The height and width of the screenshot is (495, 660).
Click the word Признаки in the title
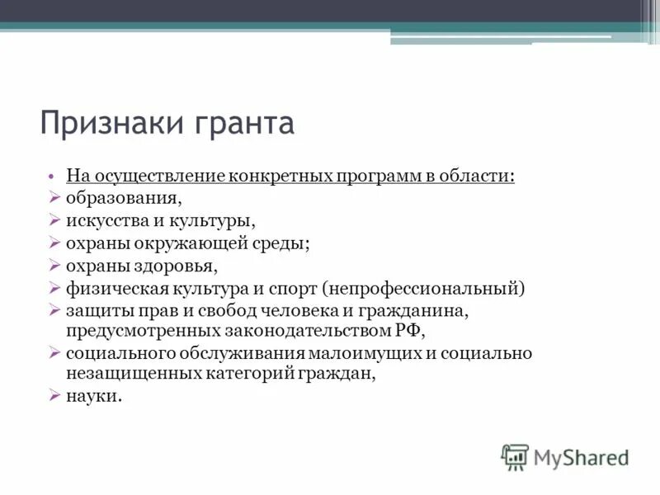tap(112, 124)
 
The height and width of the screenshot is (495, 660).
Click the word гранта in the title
tap(244, 124)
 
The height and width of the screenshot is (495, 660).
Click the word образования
tap(124, 199)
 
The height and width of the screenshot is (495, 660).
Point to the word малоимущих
tap(363, 353)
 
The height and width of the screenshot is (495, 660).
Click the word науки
tap(92, 396)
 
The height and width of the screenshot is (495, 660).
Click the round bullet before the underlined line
tap(51, 177)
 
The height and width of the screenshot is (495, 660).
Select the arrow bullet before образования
tap(54, 199)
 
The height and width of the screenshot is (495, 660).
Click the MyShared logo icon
tap(515, 456)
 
